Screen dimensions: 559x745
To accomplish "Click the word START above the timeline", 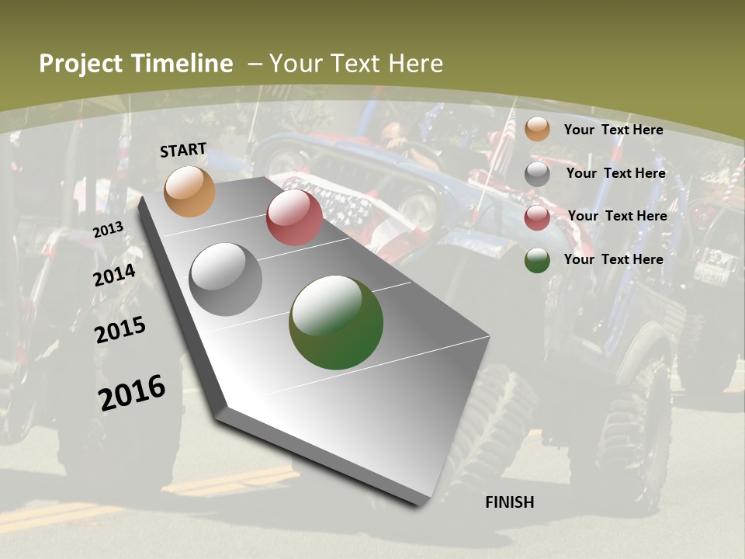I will pos(183,150).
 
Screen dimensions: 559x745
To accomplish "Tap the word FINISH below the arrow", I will pos(510,502).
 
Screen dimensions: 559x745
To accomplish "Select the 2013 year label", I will pos(108,229).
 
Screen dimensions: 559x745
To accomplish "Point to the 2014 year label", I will pos(115,275).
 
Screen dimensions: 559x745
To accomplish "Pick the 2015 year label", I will pos(120,330).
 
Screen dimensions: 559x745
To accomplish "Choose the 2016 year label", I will pos(132,392).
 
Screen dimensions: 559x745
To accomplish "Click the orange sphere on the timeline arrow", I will pos(189,191).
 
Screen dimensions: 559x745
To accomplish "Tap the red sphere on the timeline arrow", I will pos(294,217).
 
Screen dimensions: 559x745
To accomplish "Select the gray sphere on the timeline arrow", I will pos(225,279).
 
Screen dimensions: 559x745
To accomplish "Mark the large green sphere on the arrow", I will pos(336,322).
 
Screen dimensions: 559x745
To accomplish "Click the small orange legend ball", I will pos(537,130).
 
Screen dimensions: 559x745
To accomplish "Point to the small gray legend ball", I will pos(537,174).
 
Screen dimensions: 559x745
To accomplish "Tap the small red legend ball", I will pos(537,217).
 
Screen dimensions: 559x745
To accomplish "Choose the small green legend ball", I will pos(537,261).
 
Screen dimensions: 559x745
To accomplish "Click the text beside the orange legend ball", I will pos(613,130).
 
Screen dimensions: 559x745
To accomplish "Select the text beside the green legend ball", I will pos(613,259).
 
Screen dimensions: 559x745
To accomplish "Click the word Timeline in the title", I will pos(183,64).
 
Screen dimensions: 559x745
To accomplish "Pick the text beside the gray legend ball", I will pos(615,173).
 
